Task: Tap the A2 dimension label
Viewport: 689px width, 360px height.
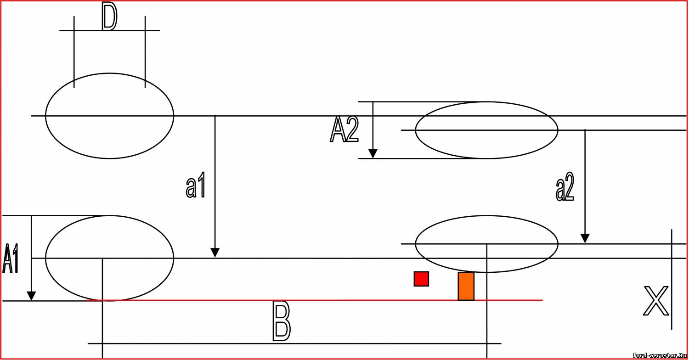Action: click(344, 130)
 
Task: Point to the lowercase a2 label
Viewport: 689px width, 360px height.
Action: click(565, 186)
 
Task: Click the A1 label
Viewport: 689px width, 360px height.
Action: click(11, 259)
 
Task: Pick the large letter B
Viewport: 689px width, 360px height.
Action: click(282, 321)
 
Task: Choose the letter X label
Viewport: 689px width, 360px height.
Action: click(656, 301)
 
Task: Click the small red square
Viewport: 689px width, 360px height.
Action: click(421, 279)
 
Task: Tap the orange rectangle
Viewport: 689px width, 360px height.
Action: click(466, 286)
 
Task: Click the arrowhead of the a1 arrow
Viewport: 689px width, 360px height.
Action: click(215, 253)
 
